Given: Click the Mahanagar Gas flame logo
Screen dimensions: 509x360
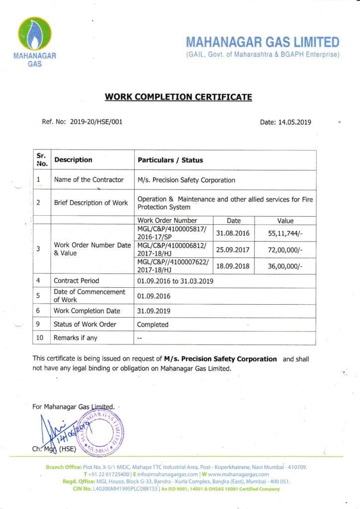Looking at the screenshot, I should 35,34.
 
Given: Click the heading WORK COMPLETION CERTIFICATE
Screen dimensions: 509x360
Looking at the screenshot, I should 178,97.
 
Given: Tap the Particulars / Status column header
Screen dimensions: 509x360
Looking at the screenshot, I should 170,160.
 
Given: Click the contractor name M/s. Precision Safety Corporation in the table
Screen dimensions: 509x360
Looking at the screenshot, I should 186,180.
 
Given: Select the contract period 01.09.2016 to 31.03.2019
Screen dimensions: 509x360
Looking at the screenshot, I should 175,281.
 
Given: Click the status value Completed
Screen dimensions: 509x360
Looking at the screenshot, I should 153,325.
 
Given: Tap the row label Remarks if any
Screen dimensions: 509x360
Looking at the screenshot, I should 76,338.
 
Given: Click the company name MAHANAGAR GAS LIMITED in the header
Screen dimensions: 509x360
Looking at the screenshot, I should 263,42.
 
